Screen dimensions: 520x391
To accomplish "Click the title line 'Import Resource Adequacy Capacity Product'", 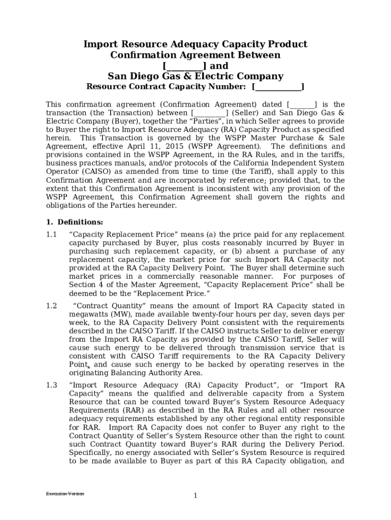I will click(195, 44).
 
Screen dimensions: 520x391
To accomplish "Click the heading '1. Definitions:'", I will click(75, 222).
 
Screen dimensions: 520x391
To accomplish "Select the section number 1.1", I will click(51, 234).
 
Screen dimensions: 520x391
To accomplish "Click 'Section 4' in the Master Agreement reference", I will click(86, 285).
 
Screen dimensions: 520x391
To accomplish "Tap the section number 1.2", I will click(51, 306).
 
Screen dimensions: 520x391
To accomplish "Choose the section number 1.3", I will click(51, 385).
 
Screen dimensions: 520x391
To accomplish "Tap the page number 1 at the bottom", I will click(195, 496).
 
